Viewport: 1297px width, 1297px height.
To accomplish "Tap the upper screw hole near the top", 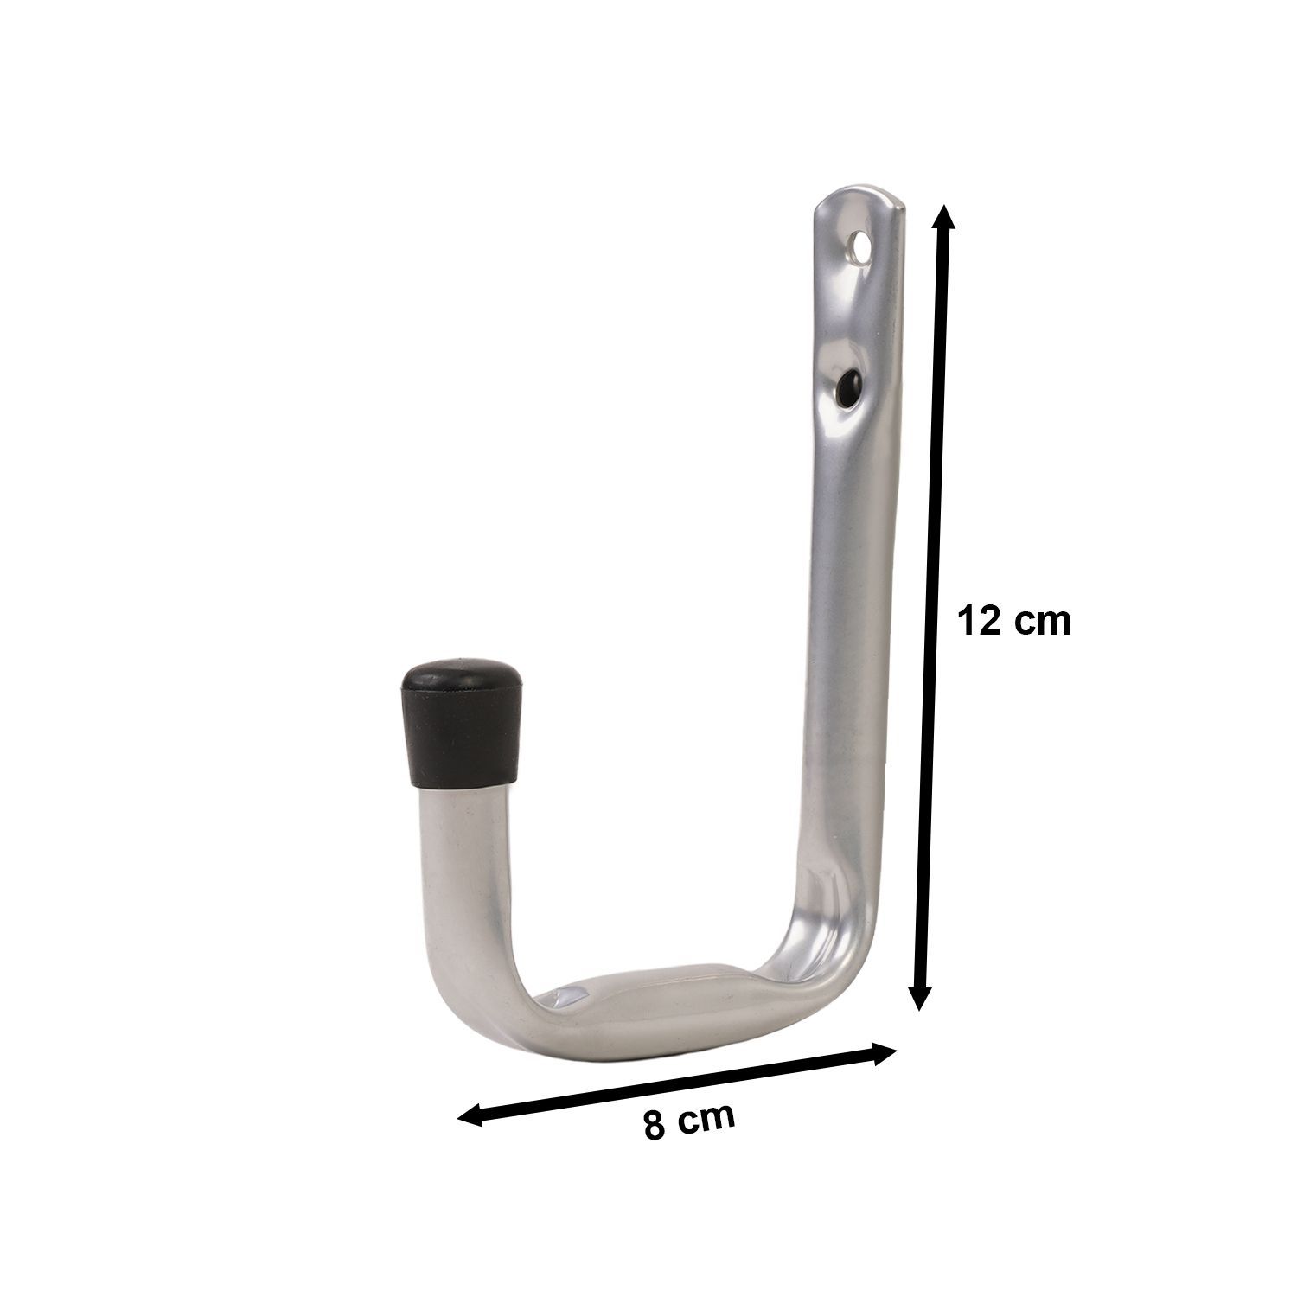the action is pyautogui.click(x=859, y=247).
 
